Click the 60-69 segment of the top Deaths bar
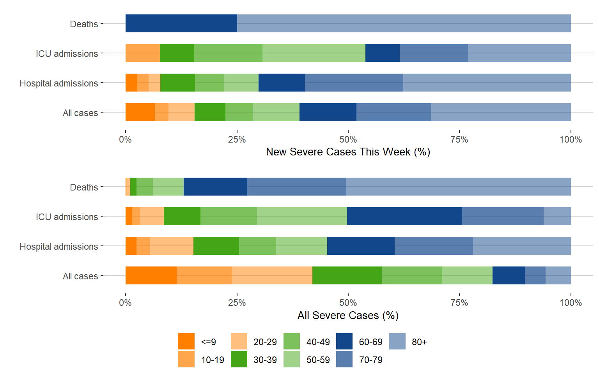coord(181,23)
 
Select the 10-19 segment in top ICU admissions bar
coord(143,53)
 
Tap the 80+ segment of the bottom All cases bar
coord(558,275)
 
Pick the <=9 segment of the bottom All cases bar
coord(151,275)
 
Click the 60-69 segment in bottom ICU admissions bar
coord(404,216)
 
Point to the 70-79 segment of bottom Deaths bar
coord(297,187)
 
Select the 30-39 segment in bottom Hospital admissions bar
coord(216,246)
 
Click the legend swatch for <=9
coord(186,341)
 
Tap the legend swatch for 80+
coord(397,341)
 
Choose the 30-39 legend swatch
coord(239,359)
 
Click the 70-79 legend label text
coord(370,360)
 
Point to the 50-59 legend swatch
coord(292,359)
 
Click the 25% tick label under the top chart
coord(237,139)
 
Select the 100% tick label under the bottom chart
coord(571,303)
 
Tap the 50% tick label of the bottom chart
coord(348,303)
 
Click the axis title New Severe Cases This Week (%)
coord(348,152)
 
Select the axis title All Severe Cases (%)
coord(348,315)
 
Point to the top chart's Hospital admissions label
coord(59,83)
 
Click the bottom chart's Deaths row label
coord(84,187)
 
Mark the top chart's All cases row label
coord(80,113)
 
